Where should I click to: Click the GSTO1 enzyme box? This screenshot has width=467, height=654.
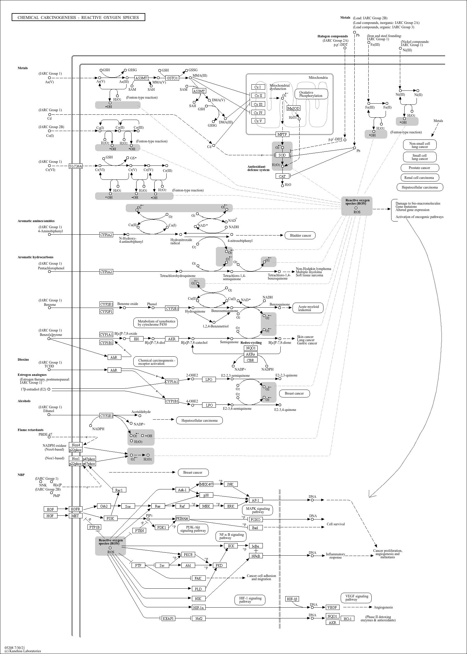(172, 78)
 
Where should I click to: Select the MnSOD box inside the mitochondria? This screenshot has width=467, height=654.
(293, 108)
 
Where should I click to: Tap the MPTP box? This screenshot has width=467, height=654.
(282, 134)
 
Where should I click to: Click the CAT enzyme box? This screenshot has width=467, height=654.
(282, 176)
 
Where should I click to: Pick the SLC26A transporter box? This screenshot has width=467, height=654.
(76, 166)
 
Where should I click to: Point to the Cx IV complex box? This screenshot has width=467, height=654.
(258, 113)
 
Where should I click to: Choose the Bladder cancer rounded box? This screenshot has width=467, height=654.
(300, 236)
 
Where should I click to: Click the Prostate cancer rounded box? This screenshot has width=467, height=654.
(419, 168)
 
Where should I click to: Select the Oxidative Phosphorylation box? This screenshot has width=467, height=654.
(311, 94)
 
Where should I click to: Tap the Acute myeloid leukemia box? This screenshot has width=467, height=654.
(308, 308)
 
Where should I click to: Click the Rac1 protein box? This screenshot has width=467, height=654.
(119, 490)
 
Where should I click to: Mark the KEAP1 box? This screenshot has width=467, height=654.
(168, 618)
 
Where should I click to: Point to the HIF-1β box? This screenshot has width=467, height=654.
(292, 599)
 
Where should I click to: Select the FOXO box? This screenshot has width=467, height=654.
(255, 519)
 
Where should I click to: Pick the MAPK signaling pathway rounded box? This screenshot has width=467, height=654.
(258, 510)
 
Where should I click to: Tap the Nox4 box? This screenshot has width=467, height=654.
(76, 445)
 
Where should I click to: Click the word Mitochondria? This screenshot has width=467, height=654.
(318, 78)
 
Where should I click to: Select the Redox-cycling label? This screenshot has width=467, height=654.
(251, 343)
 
